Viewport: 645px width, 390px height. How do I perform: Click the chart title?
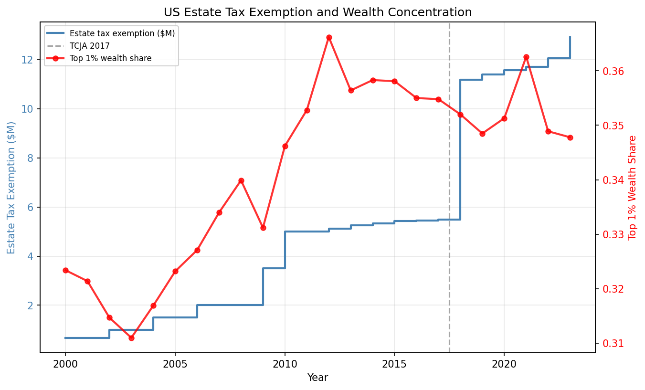pyautogui.click(x=317, y=12)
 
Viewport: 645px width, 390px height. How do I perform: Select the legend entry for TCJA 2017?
pyautogui.click(x=90, y=46)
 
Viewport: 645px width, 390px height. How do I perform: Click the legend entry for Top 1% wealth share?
pyautogui.click(x=110, y=58)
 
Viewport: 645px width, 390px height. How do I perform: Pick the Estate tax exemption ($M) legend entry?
pyautogui.click(x=122, y=33)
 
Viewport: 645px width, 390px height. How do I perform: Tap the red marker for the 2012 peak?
pyautogui.click(x=329, y=37)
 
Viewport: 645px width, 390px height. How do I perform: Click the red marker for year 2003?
pyautogui.click(x=131, y=338)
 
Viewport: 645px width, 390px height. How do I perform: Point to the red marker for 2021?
pyautogui.click(x=526, y=57)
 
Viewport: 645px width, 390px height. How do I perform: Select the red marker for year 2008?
pyautogui.click(x=241, y=180)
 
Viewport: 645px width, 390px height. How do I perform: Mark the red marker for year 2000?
pyautogui.click(x=65, y=270)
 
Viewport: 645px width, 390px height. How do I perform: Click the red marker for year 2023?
pyautogui.click(x=570, y=137)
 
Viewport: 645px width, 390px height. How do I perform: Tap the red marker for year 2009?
pyautogui.click(x=263, y=228)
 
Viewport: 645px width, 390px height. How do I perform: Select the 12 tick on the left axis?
pyautogui.click(x=27, y=60)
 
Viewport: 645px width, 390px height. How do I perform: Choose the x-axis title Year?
pyautogui.click(x=317, y=378)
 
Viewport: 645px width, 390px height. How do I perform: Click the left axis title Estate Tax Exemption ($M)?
pyautogui.click(x=11, y=188)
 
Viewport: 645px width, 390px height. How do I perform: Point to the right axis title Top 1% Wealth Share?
pyautogui.click(x=633, y=188)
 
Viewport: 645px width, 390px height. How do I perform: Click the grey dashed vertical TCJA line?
pyautogui.click(x=449, y=191)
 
